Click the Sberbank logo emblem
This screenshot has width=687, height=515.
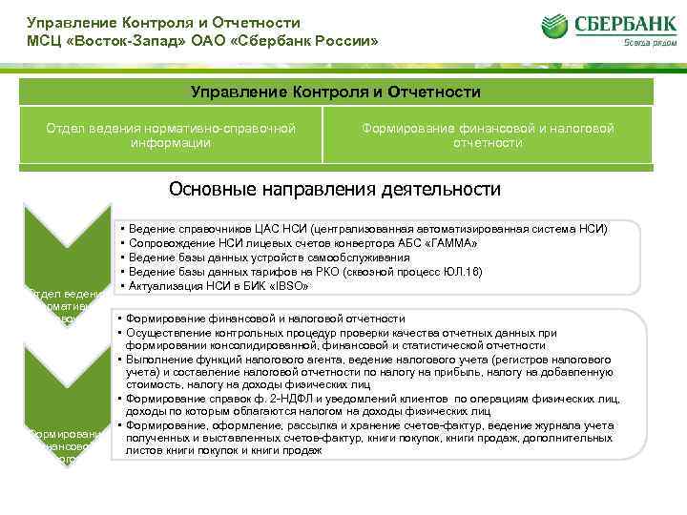pyautogui.click(x=558, y=28)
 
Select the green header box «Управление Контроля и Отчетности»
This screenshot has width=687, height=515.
pyautogui.click(x=336, y=92)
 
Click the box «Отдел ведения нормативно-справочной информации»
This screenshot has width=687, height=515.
pyautogui.click(x=173, y=135)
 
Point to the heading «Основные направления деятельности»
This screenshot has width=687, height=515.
pyautogui.click(x=334, y=189)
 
